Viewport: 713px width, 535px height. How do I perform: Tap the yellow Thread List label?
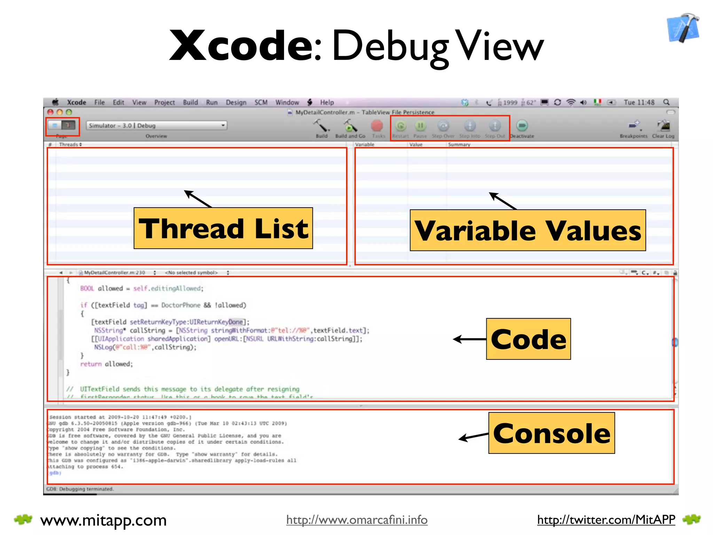223,228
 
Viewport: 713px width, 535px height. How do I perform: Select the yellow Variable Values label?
527,230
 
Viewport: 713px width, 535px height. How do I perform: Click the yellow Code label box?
528,339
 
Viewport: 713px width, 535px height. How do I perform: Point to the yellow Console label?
551,433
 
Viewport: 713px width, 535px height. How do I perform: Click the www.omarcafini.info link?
357,520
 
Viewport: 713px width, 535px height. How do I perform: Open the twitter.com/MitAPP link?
606,520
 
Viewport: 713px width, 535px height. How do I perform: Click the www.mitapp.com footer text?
103,520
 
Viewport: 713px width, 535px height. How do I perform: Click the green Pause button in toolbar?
420,126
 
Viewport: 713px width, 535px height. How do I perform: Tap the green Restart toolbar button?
401,126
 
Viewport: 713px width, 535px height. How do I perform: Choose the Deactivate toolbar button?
522,126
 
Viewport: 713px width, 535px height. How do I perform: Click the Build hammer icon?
321,126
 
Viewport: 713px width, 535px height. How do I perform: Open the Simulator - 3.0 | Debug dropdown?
157,125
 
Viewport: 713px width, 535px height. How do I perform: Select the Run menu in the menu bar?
212,102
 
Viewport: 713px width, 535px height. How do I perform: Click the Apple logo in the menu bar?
55,102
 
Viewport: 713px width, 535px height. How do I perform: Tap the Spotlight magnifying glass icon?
666,102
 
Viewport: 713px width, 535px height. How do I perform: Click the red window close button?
50,112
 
